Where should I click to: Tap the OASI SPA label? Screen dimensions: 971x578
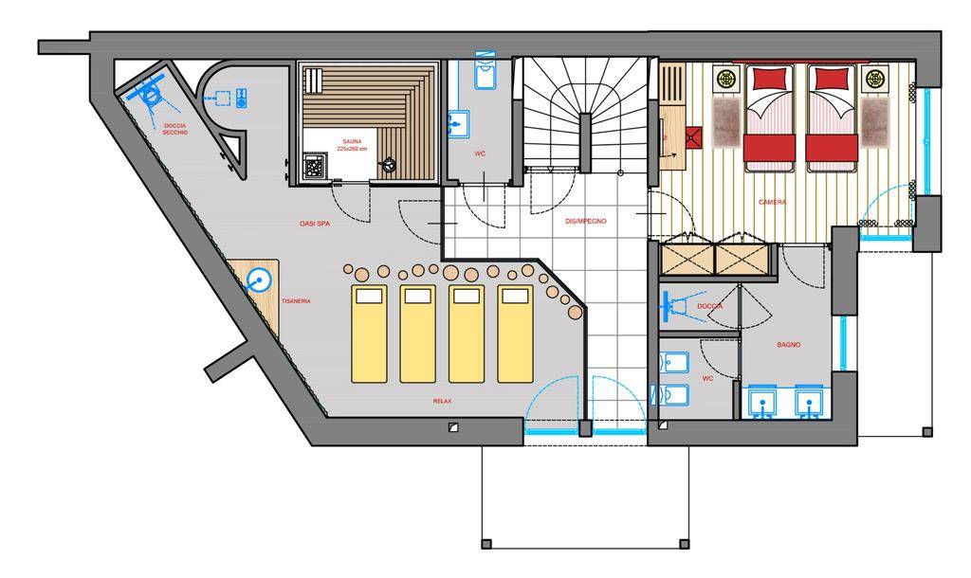tap(315, 224)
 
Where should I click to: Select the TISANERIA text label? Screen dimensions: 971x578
tap(296, 301)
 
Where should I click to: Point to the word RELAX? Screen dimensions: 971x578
tap(442, 401)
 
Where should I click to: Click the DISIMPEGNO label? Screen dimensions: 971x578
tap(585, 221)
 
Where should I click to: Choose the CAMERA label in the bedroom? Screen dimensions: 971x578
tap(772, 203)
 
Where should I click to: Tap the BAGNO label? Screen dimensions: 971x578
tap(788, 345)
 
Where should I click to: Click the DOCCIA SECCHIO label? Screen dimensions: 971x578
tap(174, 129)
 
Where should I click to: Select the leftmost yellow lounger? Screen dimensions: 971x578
tap(369, 334)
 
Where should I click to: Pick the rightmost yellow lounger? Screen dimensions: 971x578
tap(515, 334)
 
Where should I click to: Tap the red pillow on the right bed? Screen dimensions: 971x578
tap(831, 79)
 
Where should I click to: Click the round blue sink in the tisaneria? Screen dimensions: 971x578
tap(259, 281)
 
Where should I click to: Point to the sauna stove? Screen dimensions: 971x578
tap(315, 166)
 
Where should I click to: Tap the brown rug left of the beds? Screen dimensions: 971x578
tap(726, 122)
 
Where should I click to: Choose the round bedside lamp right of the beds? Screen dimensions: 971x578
tap(875, 80)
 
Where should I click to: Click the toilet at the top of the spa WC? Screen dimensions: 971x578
tap(485, 72)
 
